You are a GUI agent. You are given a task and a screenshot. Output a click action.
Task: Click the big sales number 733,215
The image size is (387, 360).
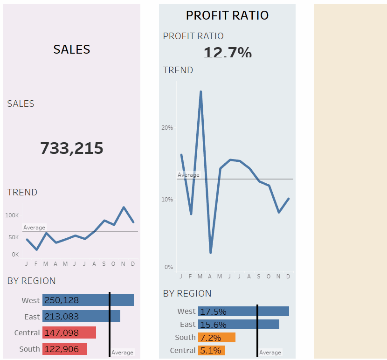pyautogui.click(x=72, y=148)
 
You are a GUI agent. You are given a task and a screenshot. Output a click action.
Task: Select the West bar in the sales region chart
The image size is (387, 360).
pyautogui.click(x=88, y=300)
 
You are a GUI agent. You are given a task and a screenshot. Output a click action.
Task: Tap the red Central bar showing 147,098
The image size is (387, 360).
pyautogui.click(x=69, y=332)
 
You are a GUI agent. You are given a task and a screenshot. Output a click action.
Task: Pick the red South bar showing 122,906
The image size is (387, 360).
pyautogui.click(x=65, y=349)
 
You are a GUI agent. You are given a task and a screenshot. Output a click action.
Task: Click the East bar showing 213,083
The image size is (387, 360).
pyautogui.click(x=81, y=316)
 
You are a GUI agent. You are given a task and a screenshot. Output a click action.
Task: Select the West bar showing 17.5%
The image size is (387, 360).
pyautogui.click(x=243, y=312)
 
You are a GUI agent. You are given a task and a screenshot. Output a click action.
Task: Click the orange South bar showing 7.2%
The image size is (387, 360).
pyautogui.click(x=217, y=337)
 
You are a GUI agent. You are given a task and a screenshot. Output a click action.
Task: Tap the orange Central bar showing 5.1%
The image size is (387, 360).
pyautogui.click(x=212, y=350)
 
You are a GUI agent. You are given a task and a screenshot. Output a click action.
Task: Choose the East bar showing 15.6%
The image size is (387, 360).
pyautogui.click(x=239, y=325)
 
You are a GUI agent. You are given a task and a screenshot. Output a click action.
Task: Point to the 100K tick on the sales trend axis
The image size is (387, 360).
pyautogui.click(x=12, y=215)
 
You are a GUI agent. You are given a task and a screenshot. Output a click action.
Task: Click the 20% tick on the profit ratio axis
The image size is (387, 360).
pyautogui.click(x=167, y=127)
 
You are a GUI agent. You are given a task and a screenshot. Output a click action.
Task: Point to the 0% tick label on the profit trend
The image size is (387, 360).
pyautogui.click(x=168, y=267)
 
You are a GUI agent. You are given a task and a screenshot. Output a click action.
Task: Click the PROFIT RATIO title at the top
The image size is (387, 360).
pyautogui.click(x=227, y=15)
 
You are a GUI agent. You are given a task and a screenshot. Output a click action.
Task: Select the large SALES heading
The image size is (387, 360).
pyautogui.click(x=72, y=49)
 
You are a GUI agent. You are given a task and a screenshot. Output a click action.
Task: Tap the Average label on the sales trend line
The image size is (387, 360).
pyautogui.click(x=34, y=228)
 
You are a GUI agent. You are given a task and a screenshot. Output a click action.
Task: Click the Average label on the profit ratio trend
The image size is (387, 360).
pyautogui.click(x=188, y=175)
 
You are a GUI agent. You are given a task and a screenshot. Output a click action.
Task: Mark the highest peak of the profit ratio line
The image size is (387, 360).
pyautogui.click(x=200, y=92)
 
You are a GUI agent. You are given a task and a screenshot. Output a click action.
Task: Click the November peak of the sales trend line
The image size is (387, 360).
pyautogui.click(x=124, y=207)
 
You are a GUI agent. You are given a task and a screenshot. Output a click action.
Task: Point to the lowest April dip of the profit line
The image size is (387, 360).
pyautogui.click(x=210, y=252)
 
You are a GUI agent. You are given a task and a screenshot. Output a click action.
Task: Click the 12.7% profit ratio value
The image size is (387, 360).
pyautogui.click(x=228, y=52)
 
